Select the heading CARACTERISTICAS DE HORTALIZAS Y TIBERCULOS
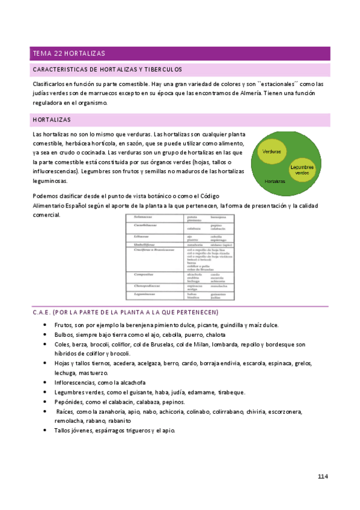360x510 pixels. [108, 70]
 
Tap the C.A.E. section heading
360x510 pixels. [126, 313]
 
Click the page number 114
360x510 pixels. [323, 477]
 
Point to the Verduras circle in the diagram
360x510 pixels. [272, 152]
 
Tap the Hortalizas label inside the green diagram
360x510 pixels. [274, 180]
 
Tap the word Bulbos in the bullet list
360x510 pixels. [64, 335]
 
